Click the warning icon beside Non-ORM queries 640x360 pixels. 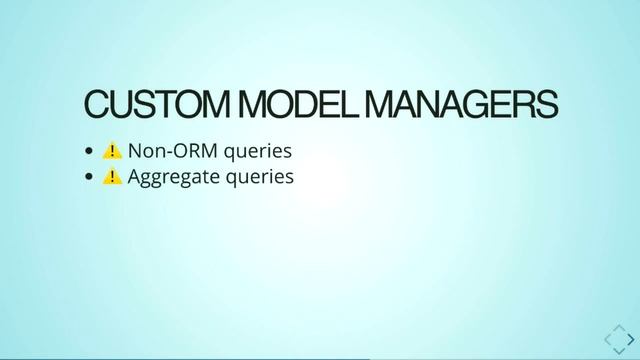113,152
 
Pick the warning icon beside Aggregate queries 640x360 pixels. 113,177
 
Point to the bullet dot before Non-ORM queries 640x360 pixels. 90,153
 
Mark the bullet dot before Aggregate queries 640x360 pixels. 90,178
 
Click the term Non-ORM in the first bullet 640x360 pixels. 175,152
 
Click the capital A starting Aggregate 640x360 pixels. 135,177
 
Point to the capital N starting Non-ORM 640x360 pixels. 135,152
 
